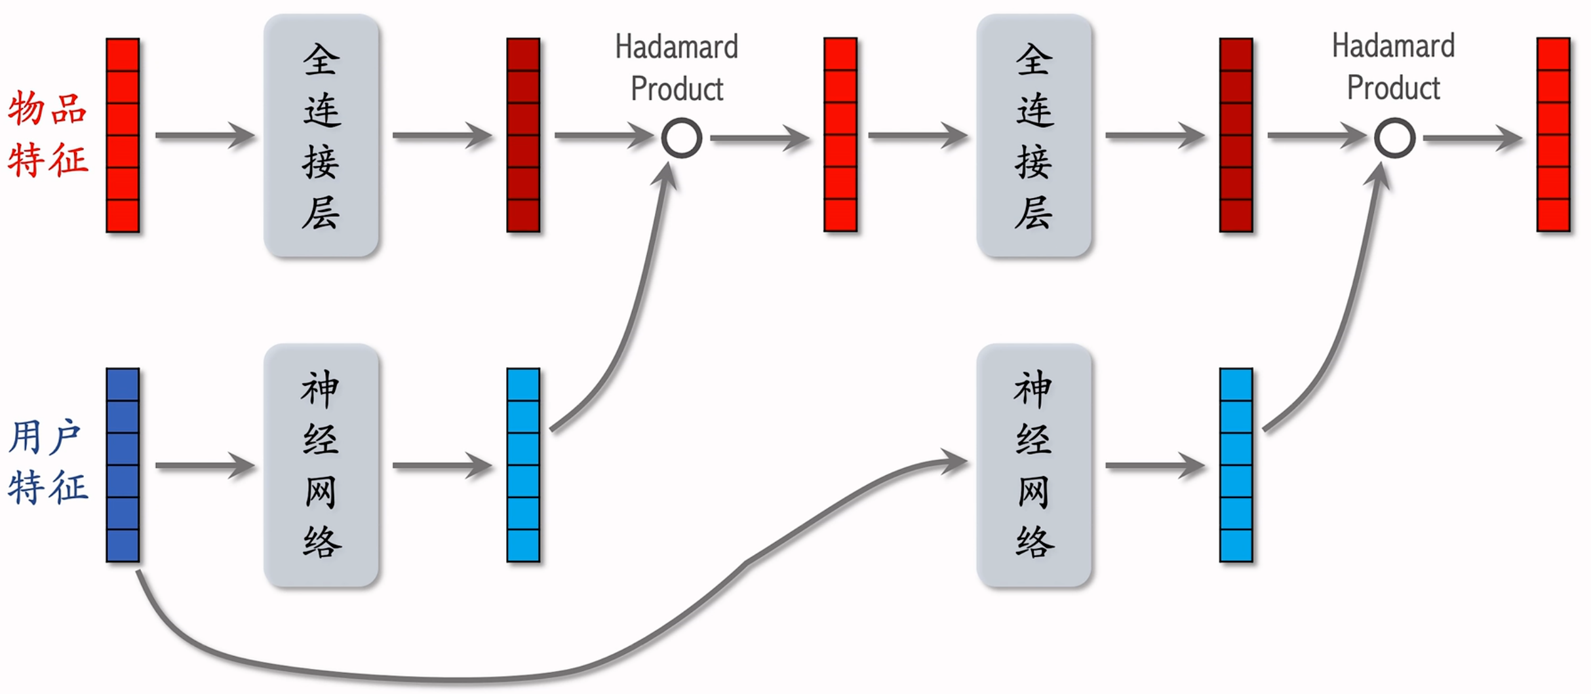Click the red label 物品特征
click(47, 134)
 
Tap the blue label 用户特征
click(47, 463)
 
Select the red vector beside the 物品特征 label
click(123, 135)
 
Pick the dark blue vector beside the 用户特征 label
click(123, 465)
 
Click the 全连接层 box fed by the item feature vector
click(321, 135)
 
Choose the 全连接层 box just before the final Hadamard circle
click(1034, 135)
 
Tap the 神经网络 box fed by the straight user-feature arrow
click(321, 465)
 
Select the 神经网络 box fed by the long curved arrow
click(1034, 465)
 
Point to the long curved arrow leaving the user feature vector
click(459, 678)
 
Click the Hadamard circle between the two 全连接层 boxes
click(681, 138)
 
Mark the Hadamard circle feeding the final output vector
click(1394, 138)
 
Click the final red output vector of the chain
click(1553, 135)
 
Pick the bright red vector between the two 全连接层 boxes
click(840, 135)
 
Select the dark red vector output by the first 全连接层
click(523, 135)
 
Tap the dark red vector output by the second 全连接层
click(1236, 135)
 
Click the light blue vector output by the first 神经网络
click(523, 465)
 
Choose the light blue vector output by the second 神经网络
click(1236, 465)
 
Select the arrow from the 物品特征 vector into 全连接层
click(204, 135)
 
